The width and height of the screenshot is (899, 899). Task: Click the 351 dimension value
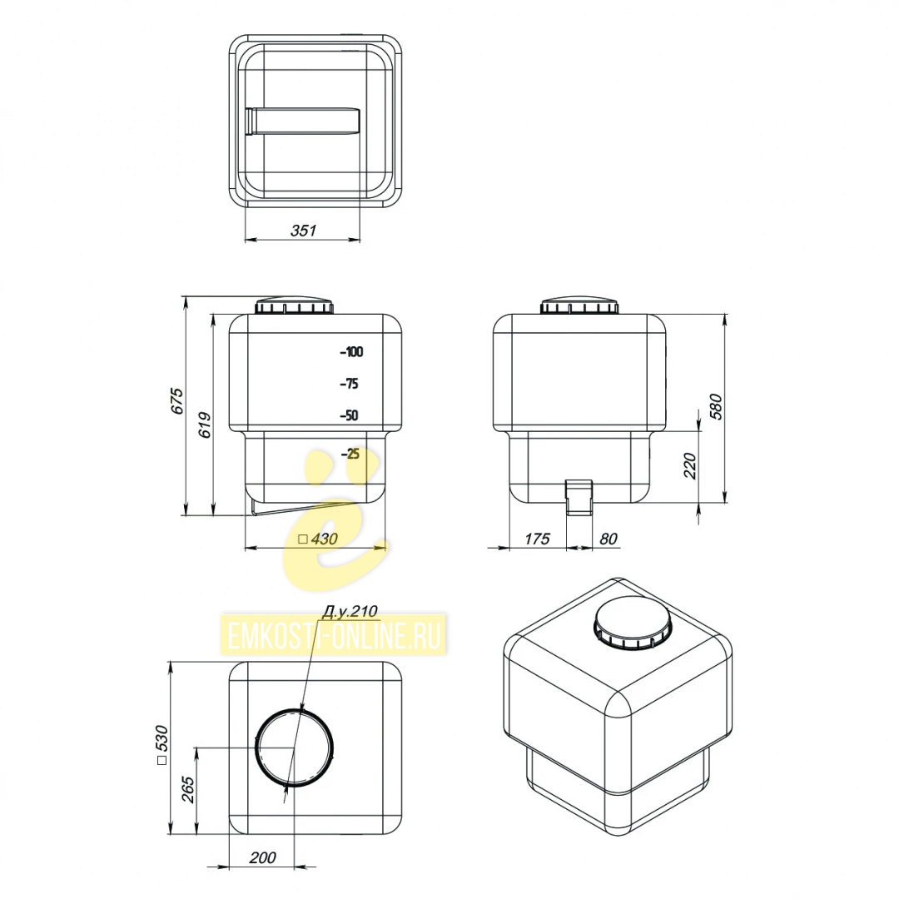(x=303, y=231)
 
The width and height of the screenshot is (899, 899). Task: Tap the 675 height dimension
(x=178, y=401)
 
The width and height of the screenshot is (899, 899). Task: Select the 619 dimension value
(x=205, y=425)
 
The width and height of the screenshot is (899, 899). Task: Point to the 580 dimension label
(x=717, y=406)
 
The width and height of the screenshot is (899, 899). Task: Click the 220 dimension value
(x=690, y=465)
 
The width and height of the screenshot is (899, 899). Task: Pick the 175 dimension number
(x=537, y=539)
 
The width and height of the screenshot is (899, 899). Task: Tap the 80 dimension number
(x=608, y=539)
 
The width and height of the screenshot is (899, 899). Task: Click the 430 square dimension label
(x=318, y=539)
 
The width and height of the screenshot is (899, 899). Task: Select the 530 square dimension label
(x=161, y=745)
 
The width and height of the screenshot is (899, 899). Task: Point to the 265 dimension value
(x=188, y=789)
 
